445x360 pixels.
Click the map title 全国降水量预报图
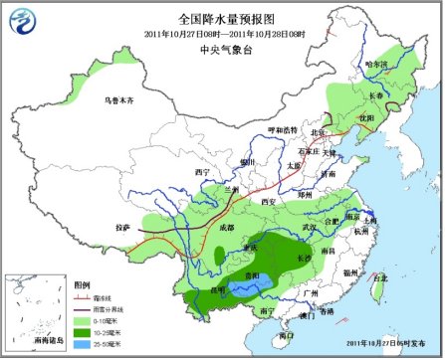[222, 17]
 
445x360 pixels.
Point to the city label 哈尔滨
[376, 65]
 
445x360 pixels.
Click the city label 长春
[374, 94]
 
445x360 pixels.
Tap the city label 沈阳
[366, 116]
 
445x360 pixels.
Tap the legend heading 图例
[82, 284]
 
